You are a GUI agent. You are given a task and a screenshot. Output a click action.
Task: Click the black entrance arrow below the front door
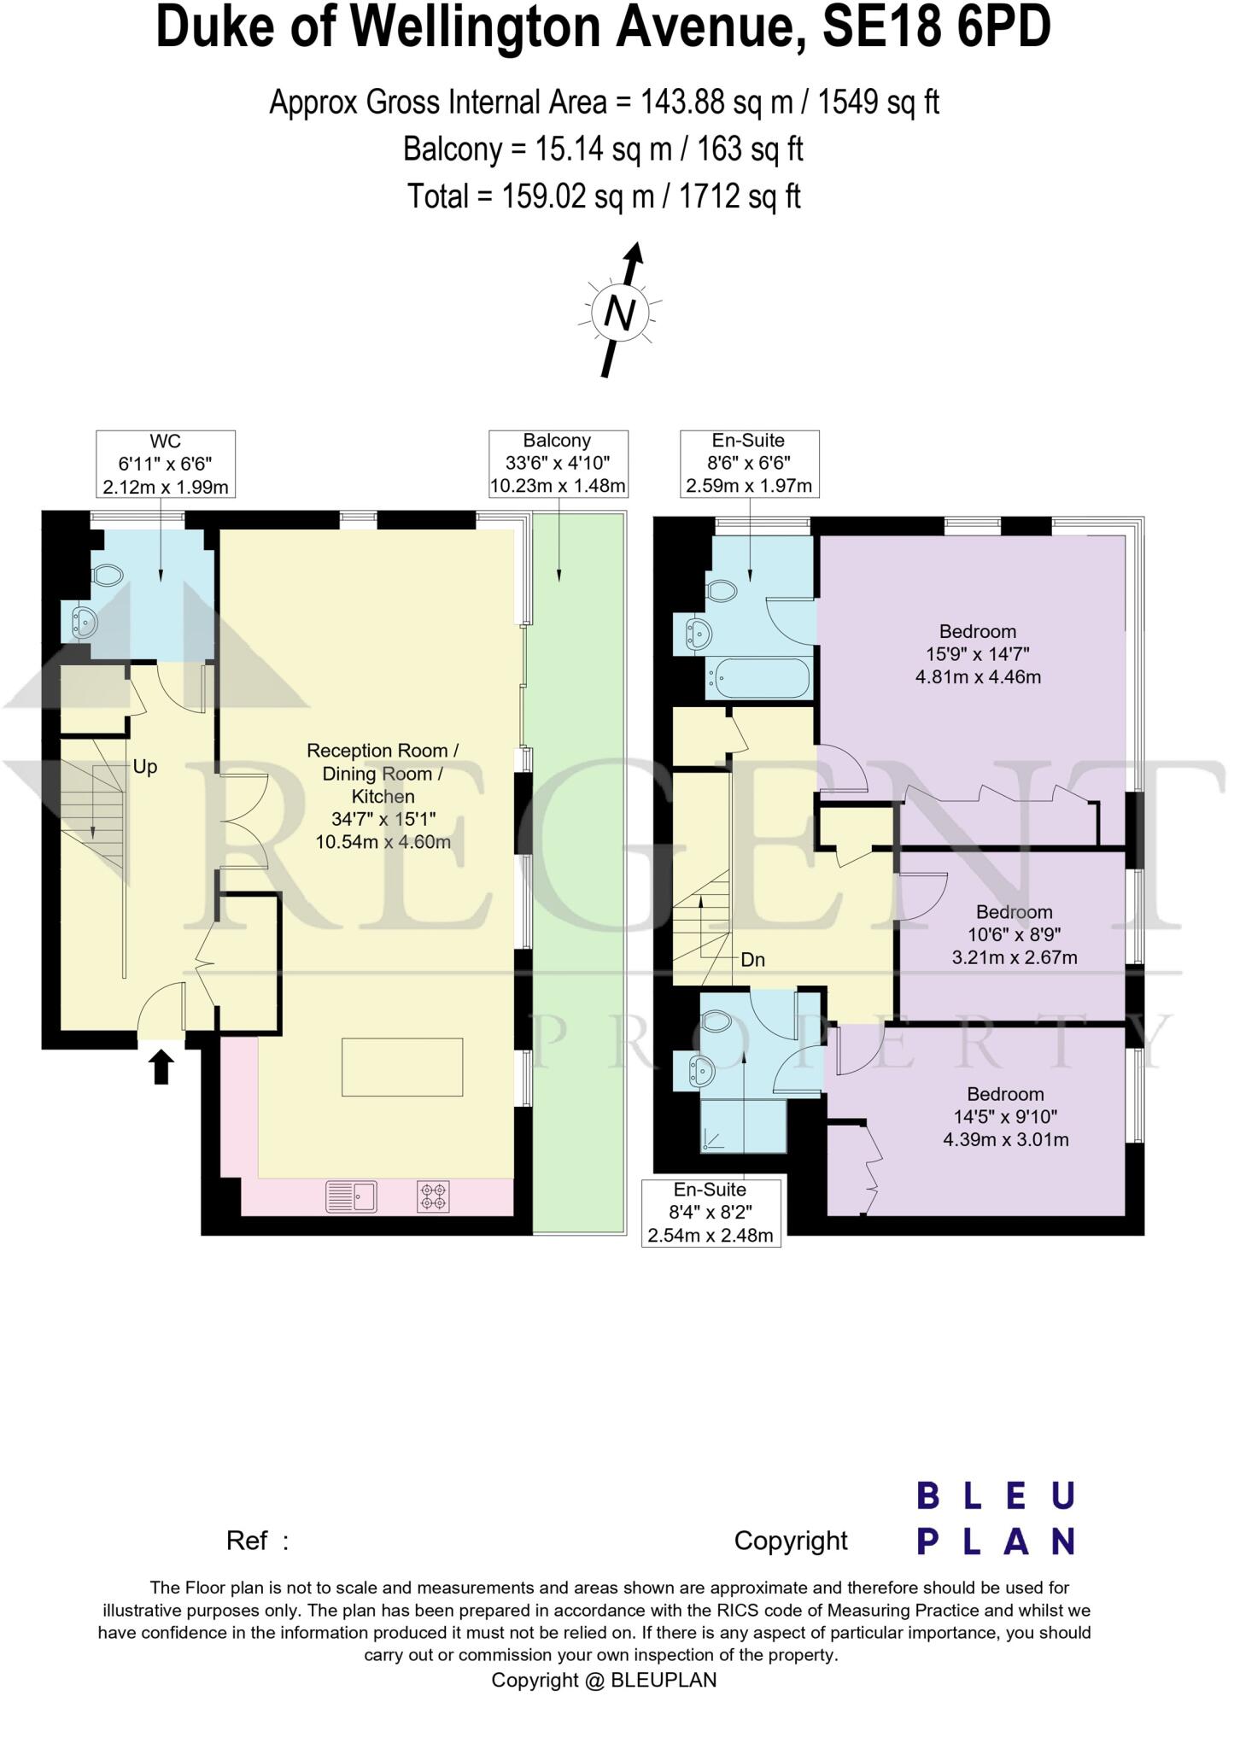coord(162,1068)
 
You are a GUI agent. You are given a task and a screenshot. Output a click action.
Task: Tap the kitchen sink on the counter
coord(352,1196)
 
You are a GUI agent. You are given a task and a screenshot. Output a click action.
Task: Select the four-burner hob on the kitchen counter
coord(434,1196)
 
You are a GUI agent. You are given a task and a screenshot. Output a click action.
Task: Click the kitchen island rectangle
coord(402,1067)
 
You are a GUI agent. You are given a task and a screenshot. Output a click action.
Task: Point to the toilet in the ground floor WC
coord(107,575)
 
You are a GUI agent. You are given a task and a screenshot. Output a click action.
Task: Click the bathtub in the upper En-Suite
coord(758,679)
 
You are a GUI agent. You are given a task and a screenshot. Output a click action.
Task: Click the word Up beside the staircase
coord(145,767)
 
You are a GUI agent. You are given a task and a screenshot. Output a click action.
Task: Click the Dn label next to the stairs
coord(752,960)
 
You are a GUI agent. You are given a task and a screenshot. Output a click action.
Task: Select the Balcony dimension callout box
coord(558,464)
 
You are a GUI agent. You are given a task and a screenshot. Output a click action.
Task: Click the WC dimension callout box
coord(166,464)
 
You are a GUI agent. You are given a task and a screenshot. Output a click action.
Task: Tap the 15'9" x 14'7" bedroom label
coord(978,654)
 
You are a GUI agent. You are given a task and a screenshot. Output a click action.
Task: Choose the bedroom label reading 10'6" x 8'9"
coord(1014,934)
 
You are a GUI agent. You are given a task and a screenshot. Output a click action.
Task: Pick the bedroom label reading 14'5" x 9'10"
coord(1005,1116)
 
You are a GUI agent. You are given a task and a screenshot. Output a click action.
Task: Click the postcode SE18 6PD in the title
coord(935,28)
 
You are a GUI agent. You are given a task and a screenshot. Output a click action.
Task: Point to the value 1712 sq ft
coord(740,197)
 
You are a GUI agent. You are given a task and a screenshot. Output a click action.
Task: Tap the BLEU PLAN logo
coord(995,1518)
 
